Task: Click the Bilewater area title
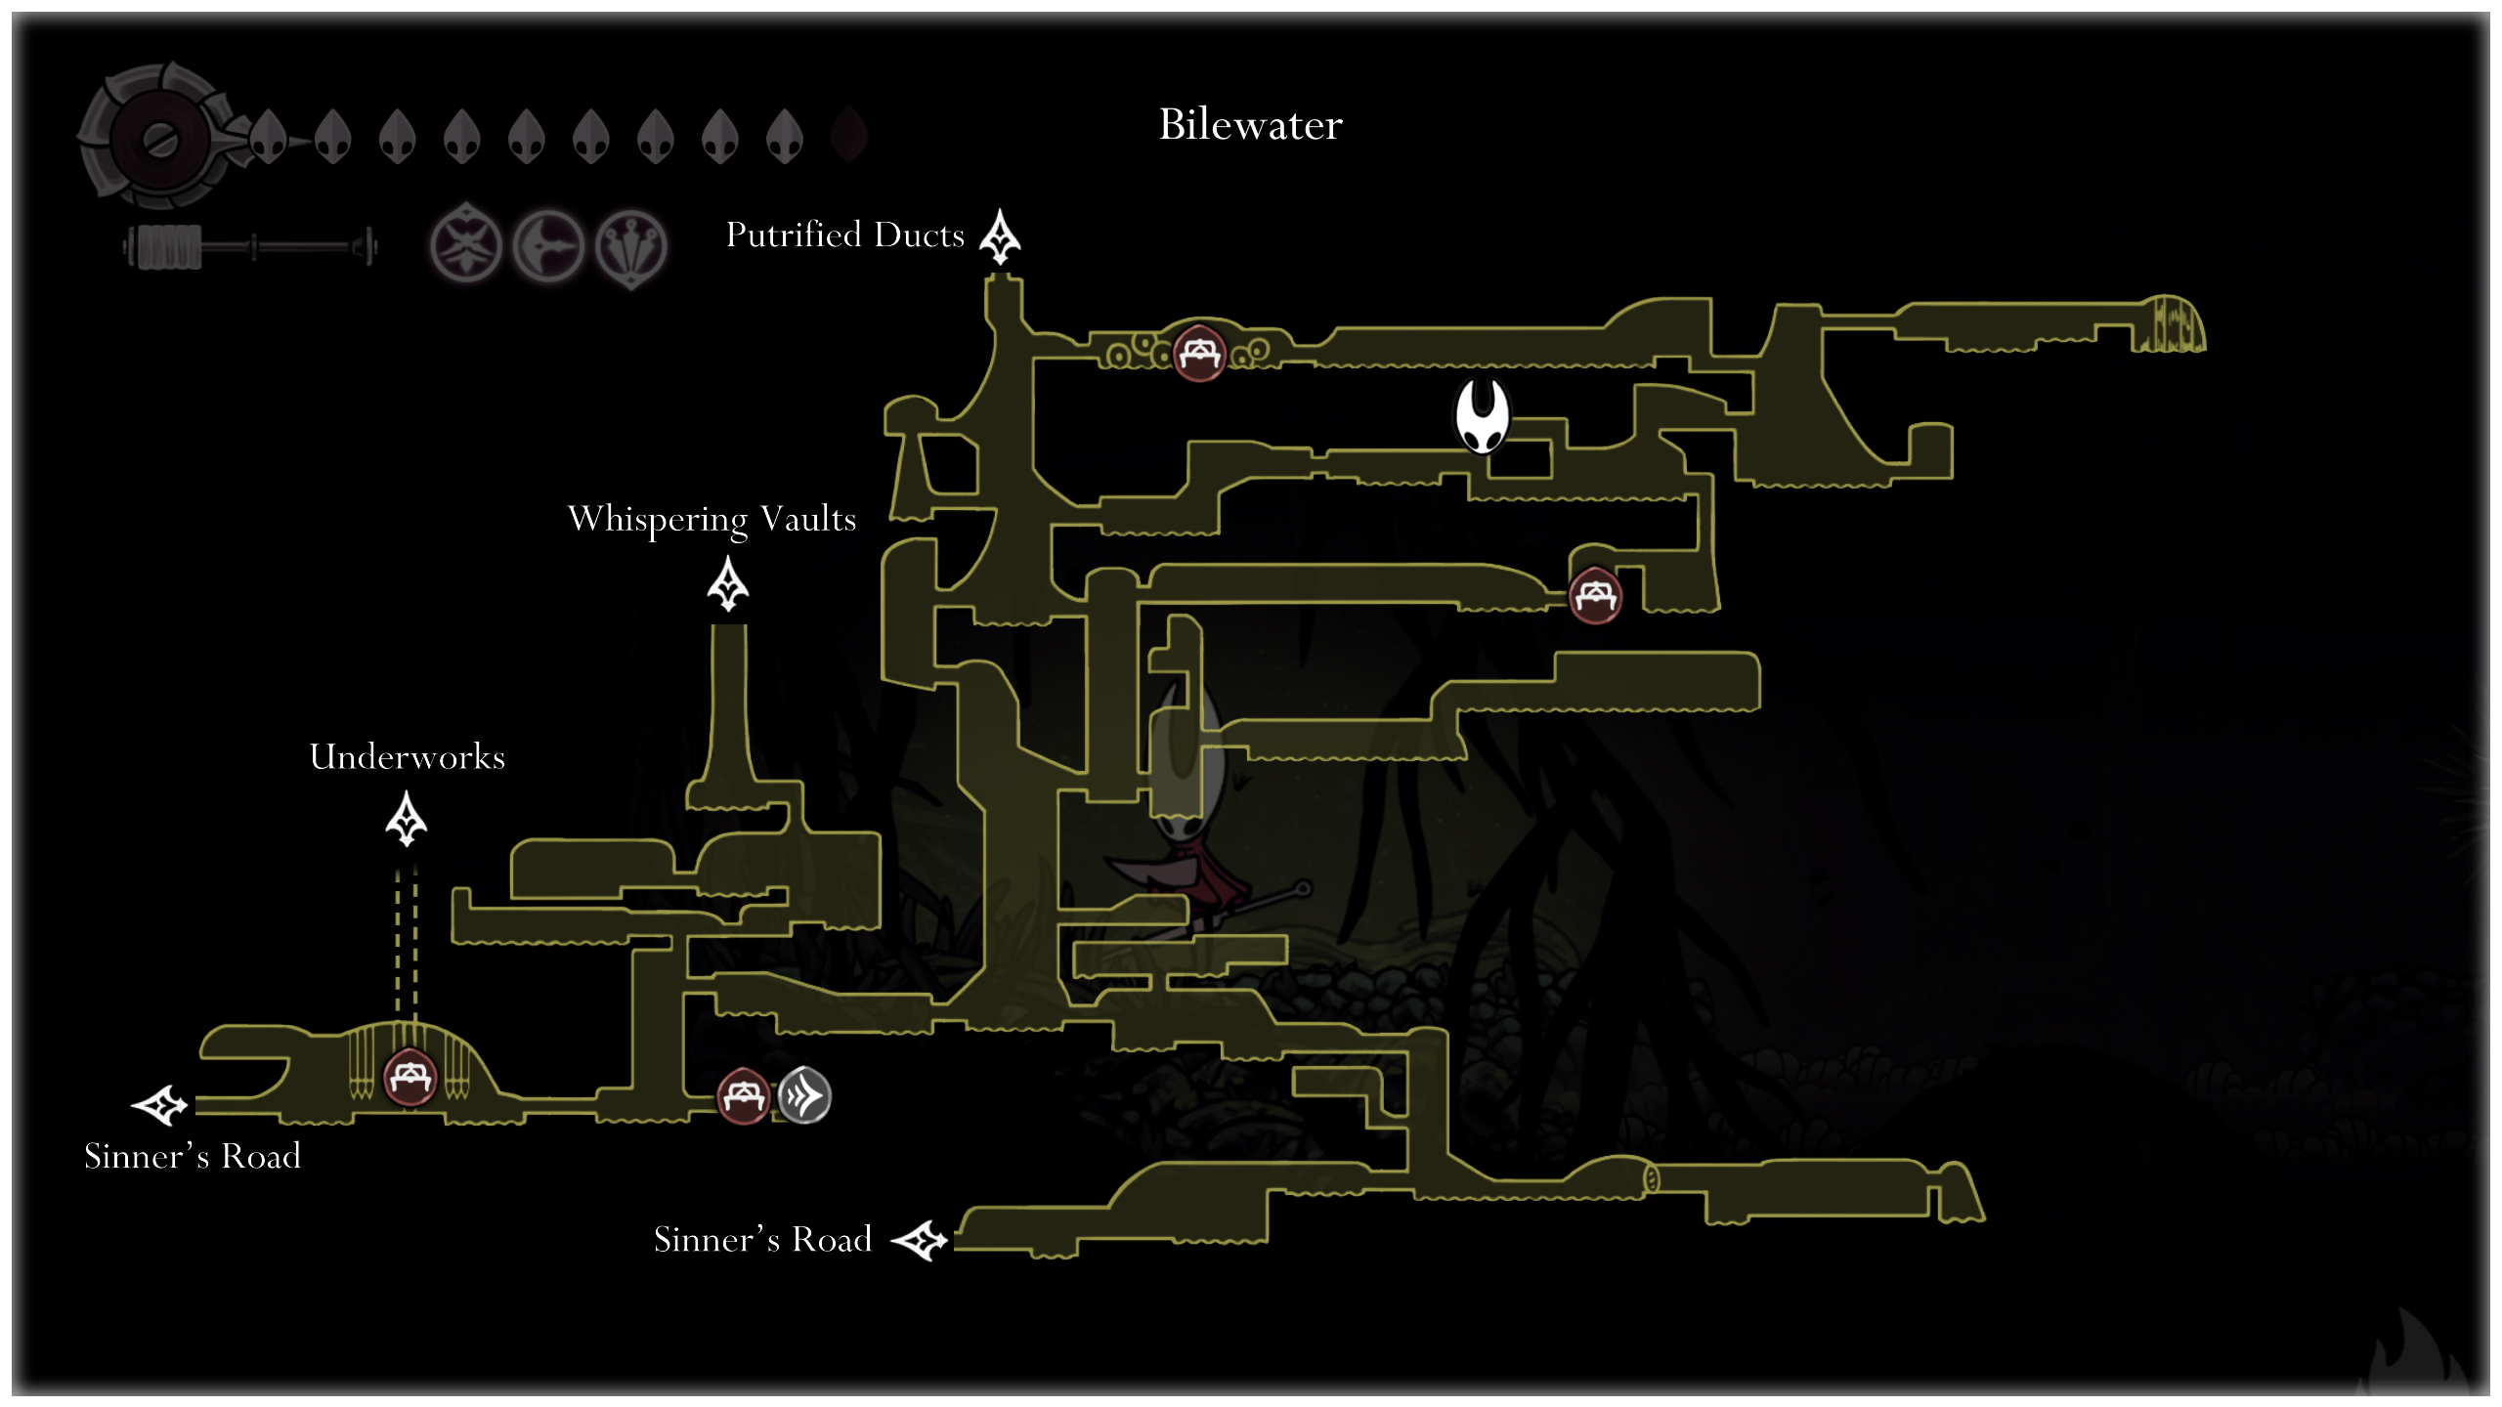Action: tap(1250, 125)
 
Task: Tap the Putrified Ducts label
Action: tap(844, 235)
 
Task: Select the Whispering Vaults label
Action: tap(712, 519)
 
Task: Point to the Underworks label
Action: tap(407, 757)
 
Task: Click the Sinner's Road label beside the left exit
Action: tap(193, 1157)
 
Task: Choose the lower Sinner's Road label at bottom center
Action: tap(762, 1240)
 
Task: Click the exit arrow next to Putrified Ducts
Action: tap(1000, 237)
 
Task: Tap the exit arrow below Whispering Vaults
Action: tap(728, 584)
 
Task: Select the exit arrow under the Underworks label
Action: tap(407, 819)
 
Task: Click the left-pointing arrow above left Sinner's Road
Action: tap(160, 1105)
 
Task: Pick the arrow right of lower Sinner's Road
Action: tap(920, 1241)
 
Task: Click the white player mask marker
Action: tap(1482, 416)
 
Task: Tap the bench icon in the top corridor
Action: tap(1199, 352)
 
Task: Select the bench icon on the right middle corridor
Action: tap(1595, 595)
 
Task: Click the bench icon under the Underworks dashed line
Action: tap(410, 1077)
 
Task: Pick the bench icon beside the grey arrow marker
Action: tap(743, 1096)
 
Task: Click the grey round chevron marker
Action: tap(804, 1096)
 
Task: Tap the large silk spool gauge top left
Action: tap(159, 137)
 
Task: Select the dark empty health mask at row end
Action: tap(849, 135)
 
